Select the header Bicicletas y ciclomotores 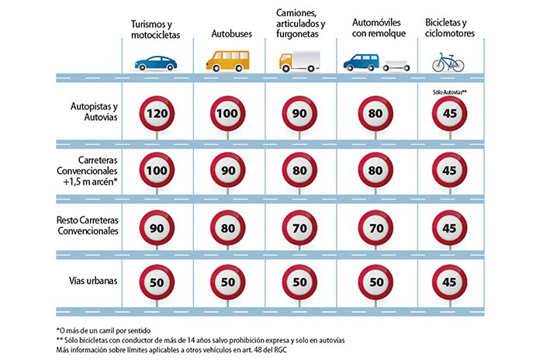[x=450, y=28]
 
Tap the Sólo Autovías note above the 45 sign [x=449, y=92]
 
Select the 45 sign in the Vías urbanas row [x=449, y=283]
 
